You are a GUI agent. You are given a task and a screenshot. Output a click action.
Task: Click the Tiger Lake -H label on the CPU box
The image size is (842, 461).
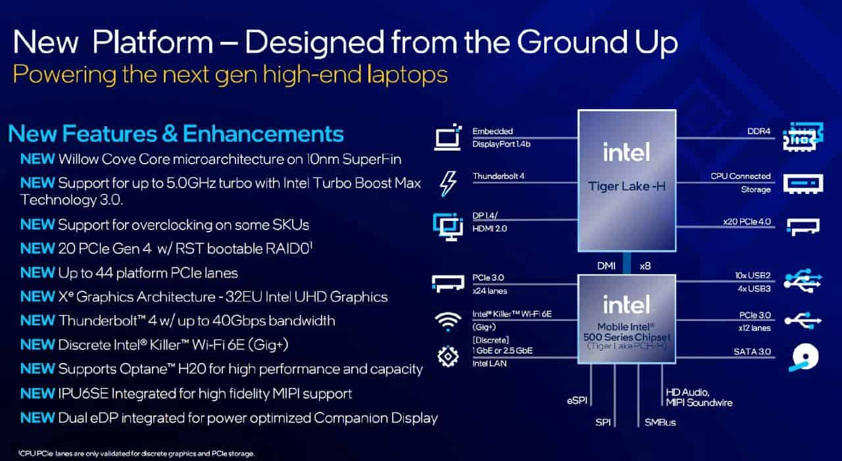click(x=627, y=186)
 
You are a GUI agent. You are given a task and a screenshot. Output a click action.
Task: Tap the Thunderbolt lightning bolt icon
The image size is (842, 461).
click(x=448, y=183)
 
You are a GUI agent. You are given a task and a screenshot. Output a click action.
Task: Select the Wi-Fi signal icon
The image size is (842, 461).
click(x=448, y=322)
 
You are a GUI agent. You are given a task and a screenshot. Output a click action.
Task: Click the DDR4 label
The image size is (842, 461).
click(x=758, y=131)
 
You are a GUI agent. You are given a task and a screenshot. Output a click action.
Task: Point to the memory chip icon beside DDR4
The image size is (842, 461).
click(x=803, y=137)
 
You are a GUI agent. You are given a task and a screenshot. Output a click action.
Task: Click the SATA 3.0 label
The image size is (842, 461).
click(x=752, y=352)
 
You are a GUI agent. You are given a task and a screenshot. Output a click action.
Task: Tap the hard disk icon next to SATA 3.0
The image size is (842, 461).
click(x=804, y=357)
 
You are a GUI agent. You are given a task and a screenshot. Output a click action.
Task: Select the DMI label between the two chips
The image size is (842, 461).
click(x=607, y=266)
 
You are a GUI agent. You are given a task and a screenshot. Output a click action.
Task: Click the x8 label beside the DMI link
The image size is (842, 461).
click(x=645, y=266)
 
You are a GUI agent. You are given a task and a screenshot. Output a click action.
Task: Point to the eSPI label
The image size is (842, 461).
click(x=577, y=401)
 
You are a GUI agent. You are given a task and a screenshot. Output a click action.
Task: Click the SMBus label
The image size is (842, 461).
click(x=660, y=423)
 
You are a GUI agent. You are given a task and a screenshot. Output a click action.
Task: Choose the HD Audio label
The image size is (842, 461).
click(x=687, y=392)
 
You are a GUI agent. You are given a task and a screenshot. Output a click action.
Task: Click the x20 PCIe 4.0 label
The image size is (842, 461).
click(x=747, y=222)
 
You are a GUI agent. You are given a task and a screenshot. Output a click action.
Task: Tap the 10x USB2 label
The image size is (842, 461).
click(x=753, y=276)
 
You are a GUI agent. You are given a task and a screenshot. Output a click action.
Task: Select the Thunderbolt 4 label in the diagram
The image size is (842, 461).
click(x=498, y=176)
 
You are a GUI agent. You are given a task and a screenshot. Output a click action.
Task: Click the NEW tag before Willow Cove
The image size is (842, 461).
click(x=37, y=159)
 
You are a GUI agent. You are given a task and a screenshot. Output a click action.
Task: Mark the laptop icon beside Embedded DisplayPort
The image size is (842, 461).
click(x=447, y=137)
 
